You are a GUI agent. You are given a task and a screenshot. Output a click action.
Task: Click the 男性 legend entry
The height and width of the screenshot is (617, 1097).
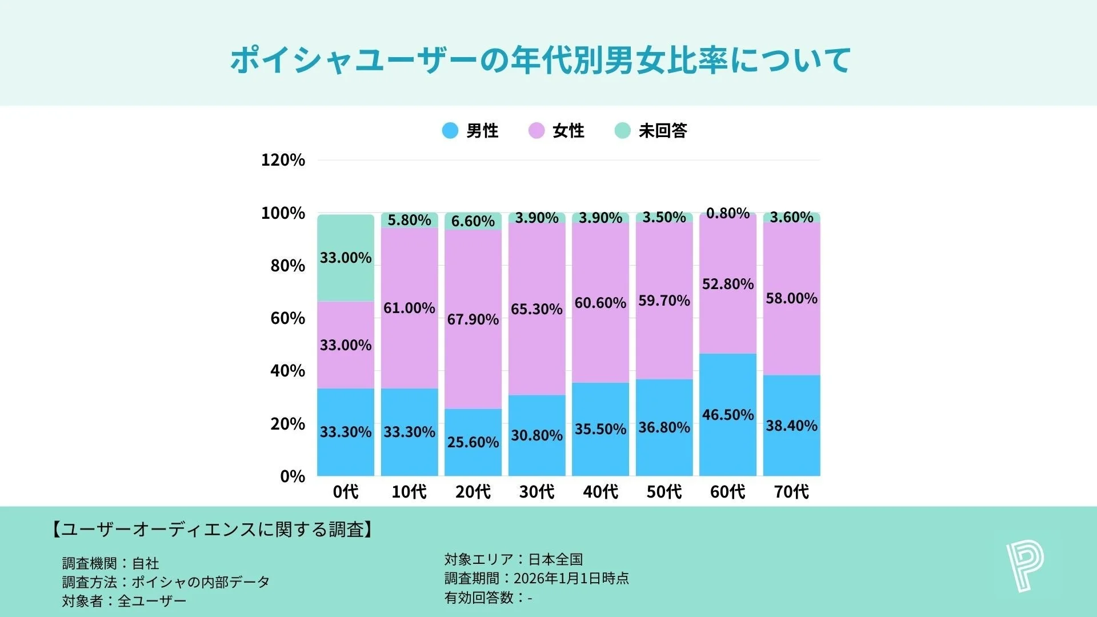(471, 131)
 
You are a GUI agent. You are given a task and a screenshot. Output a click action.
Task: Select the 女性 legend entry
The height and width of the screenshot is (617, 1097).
(556, 131)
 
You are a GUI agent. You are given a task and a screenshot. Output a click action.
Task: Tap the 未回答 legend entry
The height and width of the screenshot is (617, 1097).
(651, 131)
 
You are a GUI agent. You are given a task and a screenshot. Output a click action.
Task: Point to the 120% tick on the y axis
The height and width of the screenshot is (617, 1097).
(283, 160)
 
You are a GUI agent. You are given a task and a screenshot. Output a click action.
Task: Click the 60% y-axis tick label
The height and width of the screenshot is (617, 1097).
(287, 318)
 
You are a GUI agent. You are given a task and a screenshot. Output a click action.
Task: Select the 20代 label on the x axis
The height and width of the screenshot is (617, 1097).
(473, 492)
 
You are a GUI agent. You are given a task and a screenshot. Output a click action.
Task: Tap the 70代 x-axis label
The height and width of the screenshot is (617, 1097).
(791, 492)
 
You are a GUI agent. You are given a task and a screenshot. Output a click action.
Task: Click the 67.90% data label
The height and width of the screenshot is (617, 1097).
(473, 319)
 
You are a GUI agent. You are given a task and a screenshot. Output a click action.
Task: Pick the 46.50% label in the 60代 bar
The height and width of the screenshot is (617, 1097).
(727, 415)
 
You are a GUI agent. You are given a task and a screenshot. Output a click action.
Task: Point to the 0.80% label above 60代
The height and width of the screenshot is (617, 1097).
(727, 214)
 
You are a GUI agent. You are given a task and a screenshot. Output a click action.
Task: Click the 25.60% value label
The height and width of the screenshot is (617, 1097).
(473, 442)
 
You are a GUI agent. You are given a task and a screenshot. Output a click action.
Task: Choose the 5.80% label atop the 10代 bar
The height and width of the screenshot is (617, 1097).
(409, 220)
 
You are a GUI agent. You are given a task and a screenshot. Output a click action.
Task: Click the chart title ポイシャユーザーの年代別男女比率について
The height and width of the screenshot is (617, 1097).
(541, 60)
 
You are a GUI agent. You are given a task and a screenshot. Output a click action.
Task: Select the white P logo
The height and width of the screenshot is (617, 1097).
(1024, 567)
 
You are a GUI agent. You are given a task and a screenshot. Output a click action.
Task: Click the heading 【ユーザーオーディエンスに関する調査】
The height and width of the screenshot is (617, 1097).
(213, 530)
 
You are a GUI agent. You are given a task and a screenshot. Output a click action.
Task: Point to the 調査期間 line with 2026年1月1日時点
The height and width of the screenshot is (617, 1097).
(537, 579)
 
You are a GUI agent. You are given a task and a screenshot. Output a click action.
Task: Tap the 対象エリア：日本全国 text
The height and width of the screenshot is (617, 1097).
(513, 559)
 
